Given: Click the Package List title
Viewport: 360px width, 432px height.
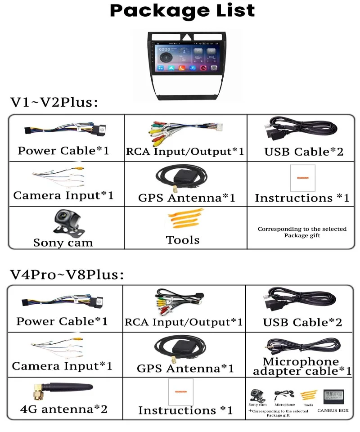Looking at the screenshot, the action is click(182, 11).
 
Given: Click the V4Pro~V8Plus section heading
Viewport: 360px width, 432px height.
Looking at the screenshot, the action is click(67, 274).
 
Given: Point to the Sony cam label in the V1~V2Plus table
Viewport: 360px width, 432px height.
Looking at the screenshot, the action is click(63, 243).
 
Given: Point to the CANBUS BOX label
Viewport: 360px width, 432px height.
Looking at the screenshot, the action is click(333, 410).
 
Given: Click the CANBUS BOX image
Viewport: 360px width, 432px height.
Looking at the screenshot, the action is click(333, 395).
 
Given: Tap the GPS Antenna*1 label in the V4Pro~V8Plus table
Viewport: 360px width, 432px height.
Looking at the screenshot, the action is click(185, 369).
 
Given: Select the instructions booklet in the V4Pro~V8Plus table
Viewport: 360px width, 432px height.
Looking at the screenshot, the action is click(180, 391).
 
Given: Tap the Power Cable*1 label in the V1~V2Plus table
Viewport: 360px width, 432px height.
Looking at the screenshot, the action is click(63, 150).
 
